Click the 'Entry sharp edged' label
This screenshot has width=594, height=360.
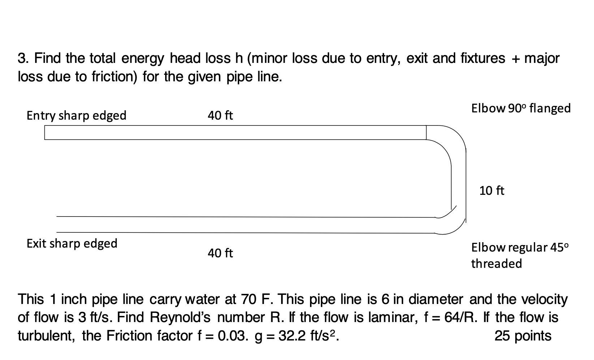pos(76,116)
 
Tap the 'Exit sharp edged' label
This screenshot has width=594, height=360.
pos(72,244)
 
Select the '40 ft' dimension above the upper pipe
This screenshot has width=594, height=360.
pos(220,116)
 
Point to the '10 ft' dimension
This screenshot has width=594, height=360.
pos(491,191)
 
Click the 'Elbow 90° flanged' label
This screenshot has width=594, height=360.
pos(521,108)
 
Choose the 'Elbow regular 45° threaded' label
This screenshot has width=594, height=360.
pos(520,256)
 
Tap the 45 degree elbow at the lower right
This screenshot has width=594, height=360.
pos(450,222)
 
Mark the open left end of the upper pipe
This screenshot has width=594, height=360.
pos(46,132)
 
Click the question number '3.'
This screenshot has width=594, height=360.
pos(24,58)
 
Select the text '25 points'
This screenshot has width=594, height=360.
pos(522,336)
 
